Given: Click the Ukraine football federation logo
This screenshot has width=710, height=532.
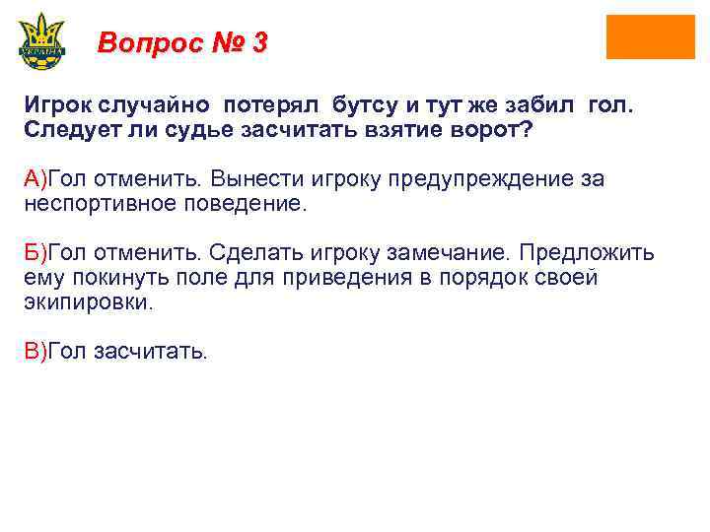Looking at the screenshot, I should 41,41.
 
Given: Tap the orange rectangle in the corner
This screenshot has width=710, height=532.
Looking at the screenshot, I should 650,37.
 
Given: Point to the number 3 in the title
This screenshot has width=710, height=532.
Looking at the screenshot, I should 259,43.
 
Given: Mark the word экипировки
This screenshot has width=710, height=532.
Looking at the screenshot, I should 89,302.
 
